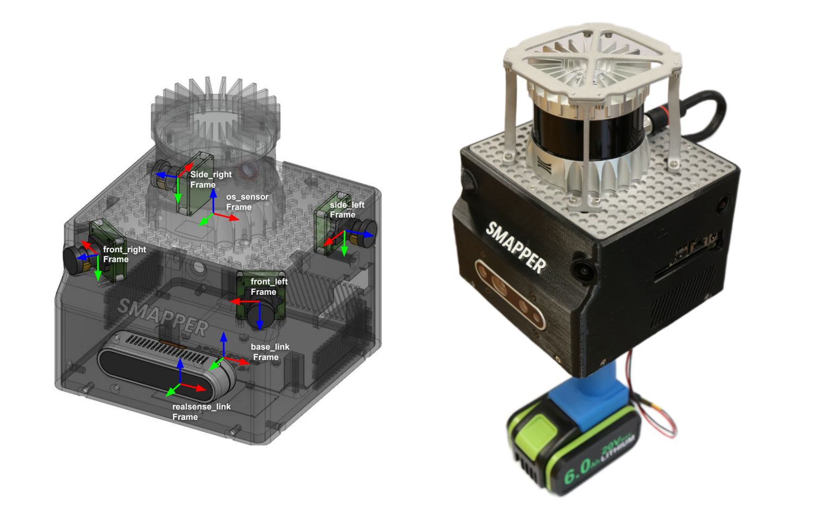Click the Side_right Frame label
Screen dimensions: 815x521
[211, 179]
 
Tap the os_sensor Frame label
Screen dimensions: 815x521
[247, 202]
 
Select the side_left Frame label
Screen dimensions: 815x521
[347, 210]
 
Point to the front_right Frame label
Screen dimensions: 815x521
[124, 254]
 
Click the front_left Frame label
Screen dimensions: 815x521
[269, 287]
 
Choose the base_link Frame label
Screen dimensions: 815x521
[270, 352]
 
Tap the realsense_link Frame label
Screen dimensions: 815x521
[201, 411]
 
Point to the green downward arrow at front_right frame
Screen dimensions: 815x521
[97, 268]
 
